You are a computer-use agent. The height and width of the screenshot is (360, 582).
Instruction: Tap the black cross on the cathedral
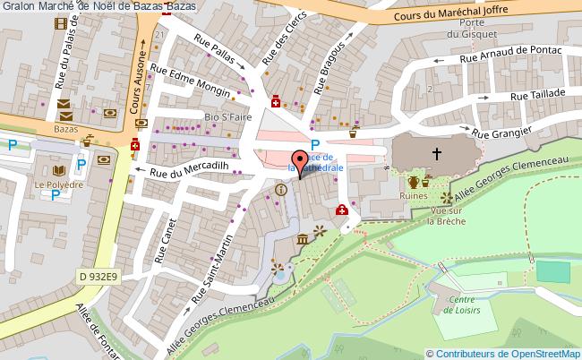(x=437, y=153)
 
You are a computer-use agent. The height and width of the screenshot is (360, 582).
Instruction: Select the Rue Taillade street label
(x=537, y=94)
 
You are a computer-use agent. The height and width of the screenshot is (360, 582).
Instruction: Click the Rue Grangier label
(x=502, y=133)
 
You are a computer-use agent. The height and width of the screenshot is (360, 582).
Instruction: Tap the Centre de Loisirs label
(x=461, y=304)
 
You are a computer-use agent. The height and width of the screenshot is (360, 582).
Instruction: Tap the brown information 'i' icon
(x=282, y=189)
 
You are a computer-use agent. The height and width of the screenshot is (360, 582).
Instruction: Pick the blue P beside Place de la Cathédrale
(x=315, y=146)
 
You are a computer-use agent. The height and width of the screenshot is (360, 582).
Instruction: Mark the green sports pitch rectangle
(x=552, y=270)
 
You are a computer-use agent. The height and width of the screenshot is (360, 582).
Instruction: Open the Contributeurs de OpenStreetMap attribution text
(x=508, y=353)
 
